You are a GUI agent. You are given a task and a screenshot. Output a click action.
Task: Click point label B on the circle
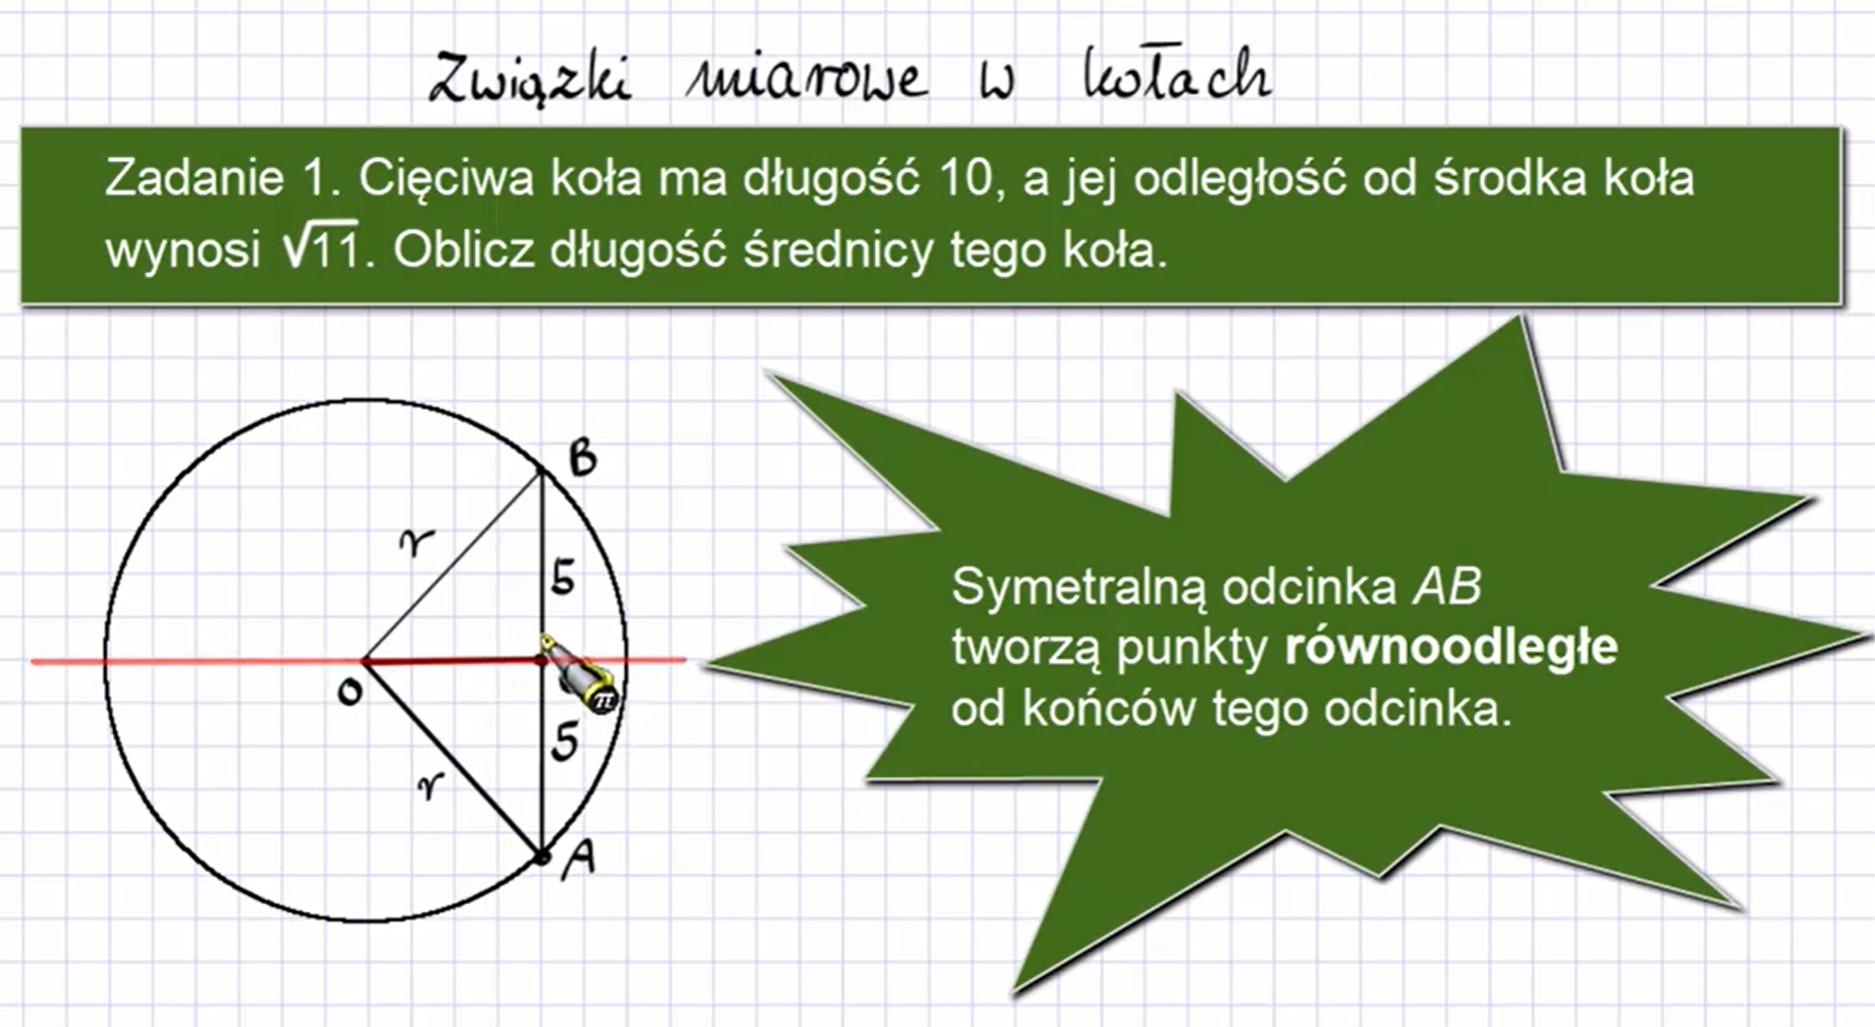pyautogui.click(x=582, y=459)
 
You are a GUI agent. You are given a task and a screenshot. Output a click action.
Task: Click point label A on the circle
pyautogui.click(x=578, y=857)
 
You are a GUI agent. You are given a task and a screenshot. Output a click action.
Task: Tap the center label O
pyautogui.click(x=349, y=691)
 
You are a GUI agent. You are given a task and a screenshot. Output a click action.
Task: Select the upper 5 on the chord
pyautogui.click(x=562, y=577)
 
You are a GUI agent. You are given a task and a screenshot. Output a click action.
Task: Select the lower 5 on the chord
pyautogui.click(x=564, y=741)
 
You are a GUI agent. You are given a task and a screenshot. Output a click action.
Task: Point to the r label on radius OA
pyautogui.click(x=430, y=787)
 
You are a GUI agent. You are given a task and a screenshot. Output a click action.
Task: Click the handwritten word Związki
pyautogui.click(x=530, y=78)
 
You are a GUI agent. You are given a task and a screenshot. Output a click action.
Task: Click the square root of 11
pyautogui.click(x=320, y=248)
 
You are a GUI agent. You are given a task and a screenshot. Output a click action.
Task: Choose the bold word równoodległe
pyautogui.click(x=1450, y=647)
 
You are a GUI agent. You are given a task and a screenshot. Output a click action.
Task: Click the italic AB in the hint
pyautogui.click(x=1445, y=587)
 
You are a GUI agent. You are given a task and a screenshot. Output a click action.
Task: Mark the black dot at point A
pyautogui.click(x=541, y=856)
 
